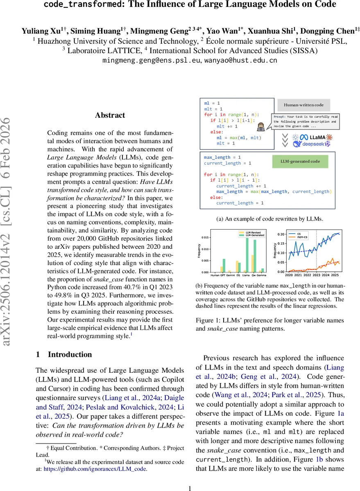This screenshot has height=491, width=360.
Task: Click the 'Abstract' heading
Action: [110, 115]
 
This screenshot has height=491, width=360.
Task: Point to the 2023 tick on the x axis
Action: [316, 275]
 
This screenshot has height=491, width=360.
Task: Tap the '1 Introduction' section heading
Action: [64, 354]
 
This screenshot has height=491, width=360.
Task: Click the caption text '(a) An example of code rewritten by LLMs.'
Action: [271, 219]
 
